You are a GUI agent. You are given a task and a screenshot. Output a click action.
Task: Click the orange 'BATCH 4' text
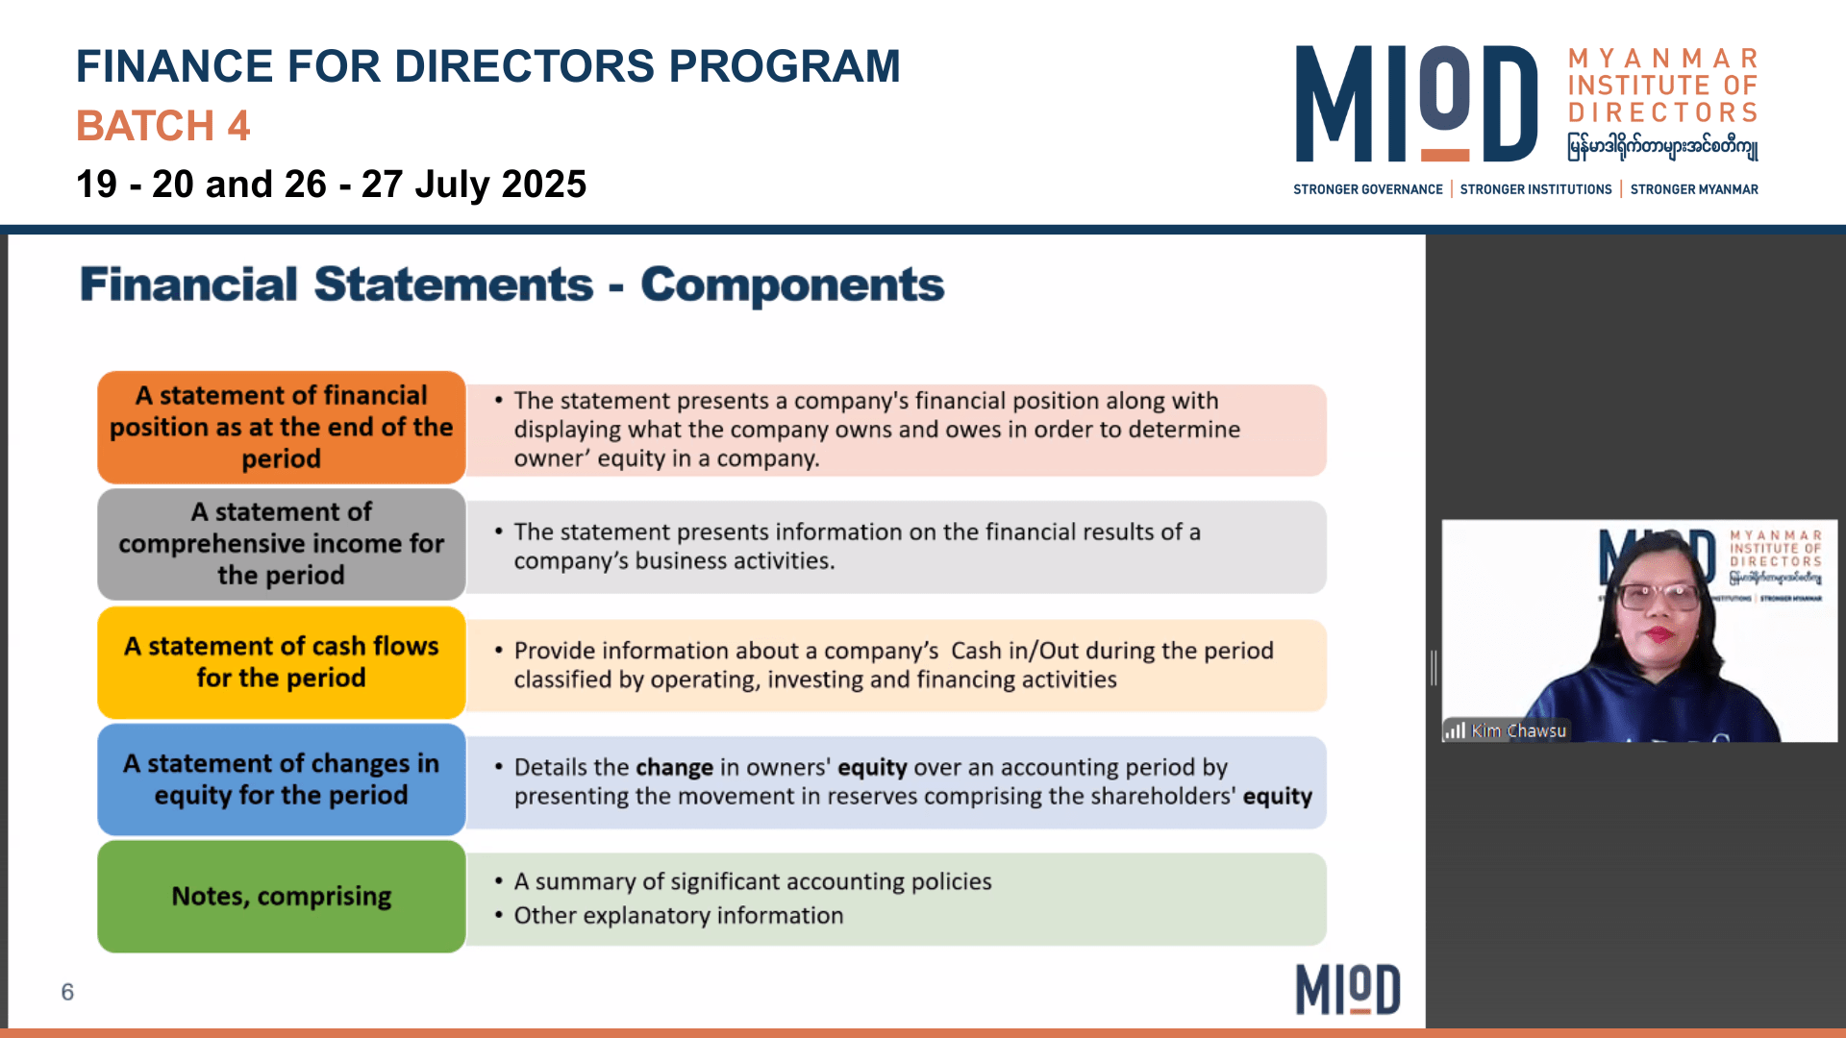click(x=162, y=126)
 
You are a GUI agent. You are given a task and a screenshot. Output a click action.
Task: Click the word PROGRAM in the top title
click(x=785, y=66)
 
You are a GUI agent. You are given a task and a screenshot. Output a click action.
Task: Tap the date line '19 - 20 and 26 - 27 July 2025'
click(x=331, y=184)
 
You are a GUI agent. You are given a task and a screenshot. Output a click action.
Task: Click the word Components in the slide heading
click(x=792, y=284)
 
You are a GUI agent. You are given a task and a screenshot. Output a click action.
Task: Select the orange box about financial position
click(x=282, y=427)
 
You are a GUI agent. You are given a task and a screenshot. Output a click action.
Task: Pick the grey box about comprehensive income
click(x=282, y=544)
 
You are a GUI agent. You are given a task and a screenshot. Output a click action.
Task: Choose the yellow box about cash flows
click(x=282, y=662)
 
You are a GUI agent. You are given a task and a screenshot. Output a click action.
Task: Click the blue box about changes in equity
click(x=282, y=779)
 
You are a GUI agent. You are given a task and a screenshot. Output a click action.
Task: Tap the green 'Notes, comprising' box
click(x=282, y=897)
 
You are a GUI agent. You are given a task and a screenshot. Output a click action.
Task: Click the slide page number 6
click(x=67, y=992)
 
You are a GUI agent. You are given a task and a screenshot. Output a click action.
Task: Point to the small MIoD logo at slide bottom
click(x=1348, y=990)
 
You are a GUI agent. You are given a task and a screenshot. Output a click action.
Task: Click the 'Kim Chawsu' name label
click(x=1518, y=730)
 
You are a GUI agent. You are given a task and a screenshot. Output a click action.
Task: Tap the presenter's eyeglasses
click(x=1659, y=597)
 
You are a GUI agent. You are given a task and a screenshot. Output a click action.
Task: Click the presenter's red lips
click(x=1661, y=633)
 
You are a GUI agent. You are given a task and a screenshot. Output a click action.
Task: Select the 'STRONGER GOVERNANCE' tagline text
click(x=1367, y=189)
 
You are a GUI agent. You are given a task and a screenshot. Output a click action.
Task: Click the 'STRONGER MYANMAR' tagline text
click(x=1694, y=189)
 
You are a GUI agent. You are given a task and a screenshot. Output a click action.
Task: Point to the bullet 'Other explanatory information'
click(x=679, y=915)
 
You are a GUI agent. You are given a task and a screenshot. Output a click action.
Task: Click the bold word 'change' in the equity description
click(x=674, y=767)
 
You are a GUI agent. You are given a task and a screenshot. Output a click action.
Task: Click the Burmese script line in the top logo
click(x=1663, y=146)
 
